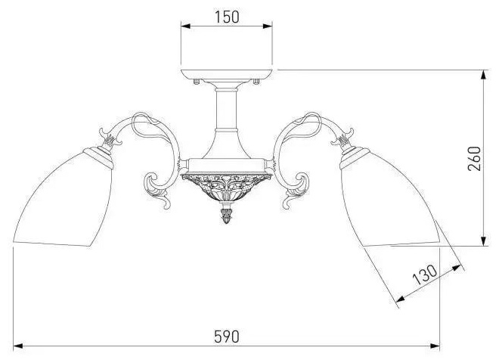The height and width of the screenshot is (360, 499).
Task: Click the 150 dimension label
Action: coord(227,17)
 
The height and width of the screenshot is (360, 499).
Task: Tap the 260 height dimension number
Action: coord(474,159)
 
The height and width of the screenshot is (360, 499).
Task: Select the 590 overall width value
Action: coord(226,336)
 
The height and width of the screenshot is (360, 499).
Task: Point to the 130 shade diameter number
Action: coord(425,275)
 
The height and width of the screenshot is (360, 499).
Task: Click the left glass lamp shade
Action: coord(64,198)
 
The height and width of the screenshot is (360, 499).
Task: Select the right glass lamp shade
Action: coord(390,198)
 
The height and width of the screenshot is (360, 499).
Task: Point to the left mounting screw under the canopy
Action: coord(197,82)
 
